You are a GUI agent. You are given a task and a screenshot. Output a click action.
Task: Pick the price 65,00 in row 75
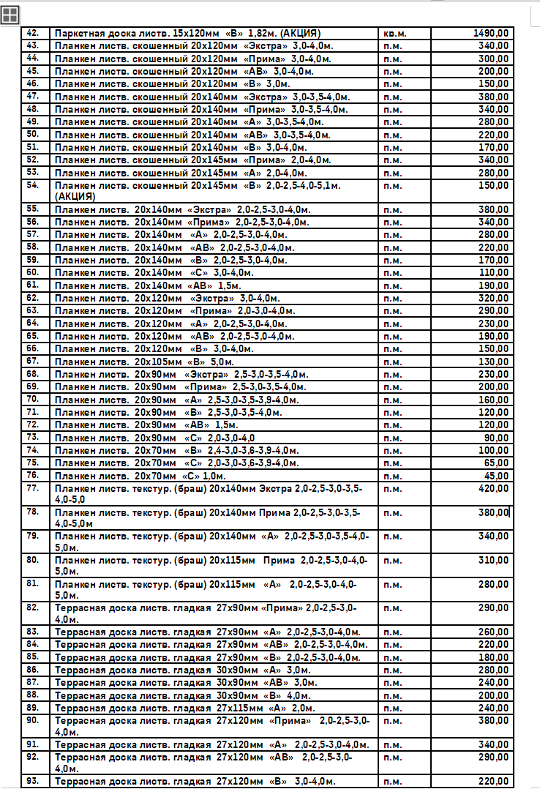point(497,463)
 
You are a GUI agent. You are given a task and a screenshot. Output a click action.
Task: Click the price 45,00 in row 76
point(497,476)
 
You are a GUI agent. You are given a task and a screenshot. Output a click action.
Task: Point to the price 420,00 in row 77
point(494,488)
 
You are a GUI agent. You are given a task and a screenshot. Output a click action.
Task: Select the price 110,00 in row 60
point(494,272)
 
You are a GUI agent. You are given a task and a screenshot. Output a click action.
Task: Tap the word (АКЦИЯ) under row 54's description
point(75,196)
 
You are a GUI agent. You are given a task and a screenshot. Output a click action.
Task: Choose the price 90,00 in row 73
point(497,437)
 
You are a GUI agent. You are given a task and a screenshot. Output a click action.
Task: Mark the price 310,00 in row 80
point(494,560)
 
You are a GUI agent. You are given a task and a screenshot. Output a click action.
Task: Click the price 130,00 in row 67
point(494,362)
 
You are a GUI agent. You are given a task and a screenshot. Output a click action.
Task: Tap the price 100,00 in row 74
point(494,450)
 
